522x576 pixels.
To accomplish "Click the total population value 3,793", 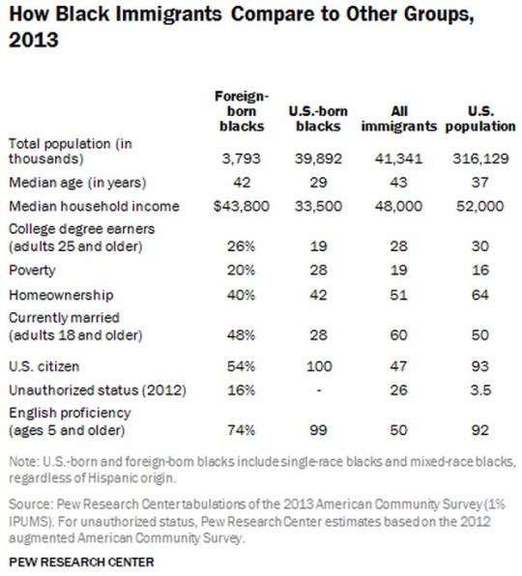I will [240, 158].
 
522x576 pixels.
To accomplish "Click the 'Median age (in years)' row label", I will [69, 182].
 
